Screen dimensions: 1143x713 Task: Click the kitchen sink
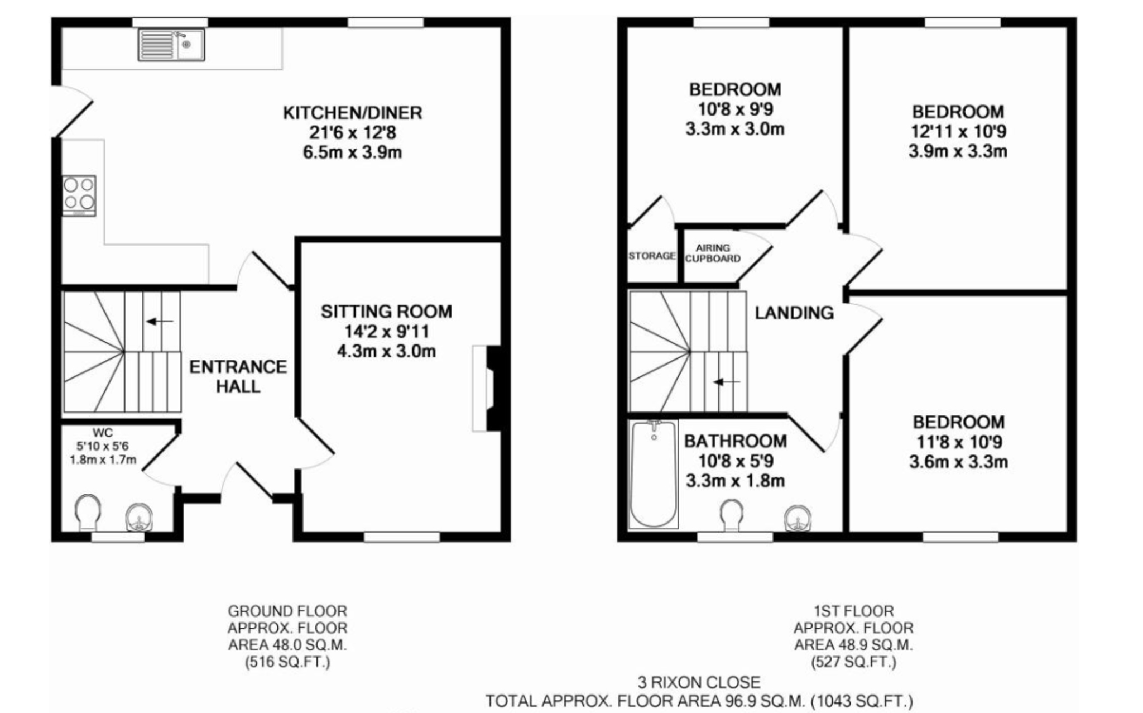pyautogui.click(x=171, y=45)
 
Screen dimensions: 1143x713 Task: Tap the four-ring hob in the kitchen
pyautogui.click(x=79, y=195)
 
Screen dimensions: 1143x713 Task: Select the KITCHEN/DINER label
pyautogui.click(x=353, y=113)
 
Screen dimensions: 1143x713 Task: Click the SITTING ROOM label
pyautogui.click(x=386, y=312)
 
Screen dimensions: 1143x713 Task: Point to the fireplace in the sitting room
pyautogui.click(x=488, y=389)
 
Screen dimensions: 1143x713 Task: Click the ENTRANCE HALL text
pyautogui.click(x=238, y=376)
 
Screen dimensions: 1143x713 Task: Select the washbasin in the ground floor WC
pyautogui.click(x=139, y=516)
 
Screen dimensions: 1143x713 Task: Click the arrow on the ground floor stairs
pyautogui.click(x=160, y=321)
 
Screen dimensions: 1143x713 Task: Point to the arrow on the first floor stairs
pyautogui.click(x=727, y=382)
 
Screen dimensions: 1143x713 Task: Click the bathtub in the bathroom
pyautogui.click(x=653, y=474)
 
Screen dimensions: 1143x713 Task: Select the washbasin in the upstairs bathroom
pyautogui.click(x=798, y=518)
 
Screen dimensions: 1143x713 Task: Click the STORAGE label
pyautogui.click(x=652, y=256)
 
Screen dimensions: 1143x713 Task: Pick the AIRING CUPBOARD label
pyautogui.click(x=713, y=253)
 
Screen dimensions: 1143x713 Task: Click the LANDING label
pyautogui.click(x=794, y=313)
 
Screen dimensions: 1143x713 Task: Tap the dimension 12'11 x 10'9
pyautogui.click(x=958, y=132)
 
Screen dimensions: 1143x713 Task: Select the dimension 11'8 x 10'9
pyautogui.click(x=959, y=442)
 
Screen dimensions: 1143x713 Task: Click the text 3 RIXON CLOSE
pyautogui.click(x=699, y=682)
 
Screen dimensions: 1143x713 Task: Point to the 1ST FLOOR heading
pyautogui.click(x=853, y=611)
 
